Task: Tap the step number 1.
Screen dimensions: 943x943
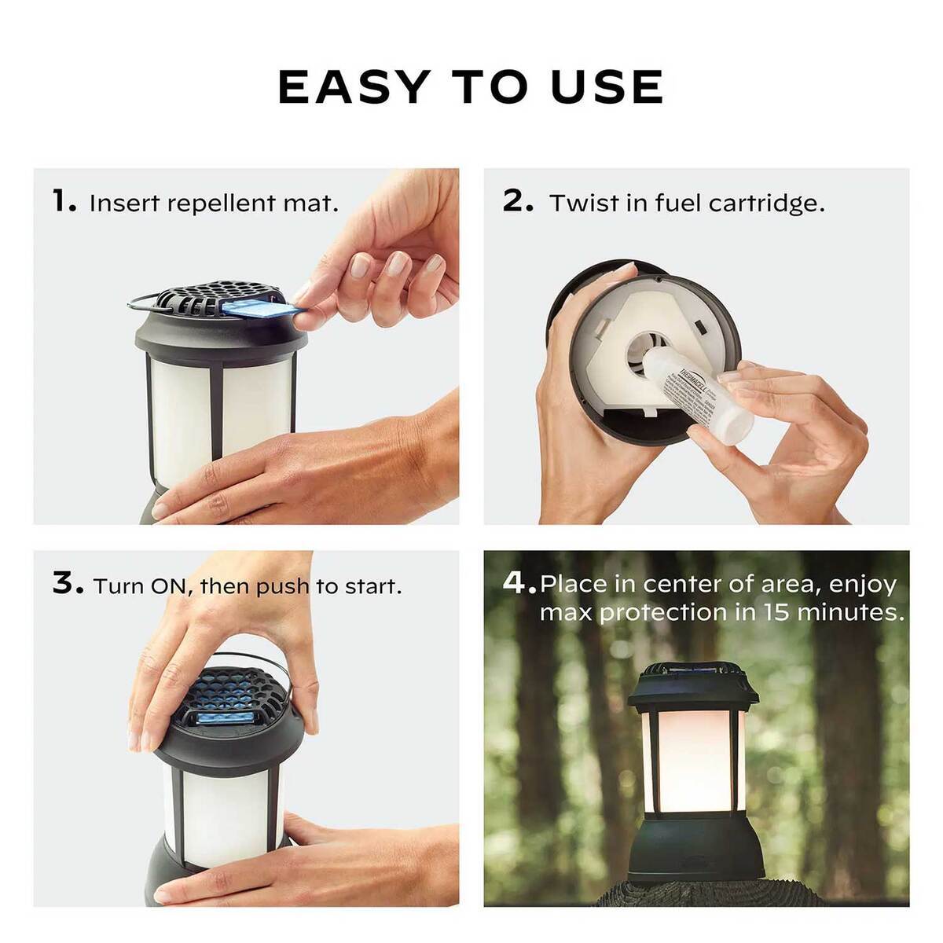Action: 62,202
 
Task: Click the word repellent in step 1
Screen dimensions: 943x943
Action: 213,204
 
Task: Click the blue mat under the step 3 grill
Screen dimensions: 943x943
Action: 224,717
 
